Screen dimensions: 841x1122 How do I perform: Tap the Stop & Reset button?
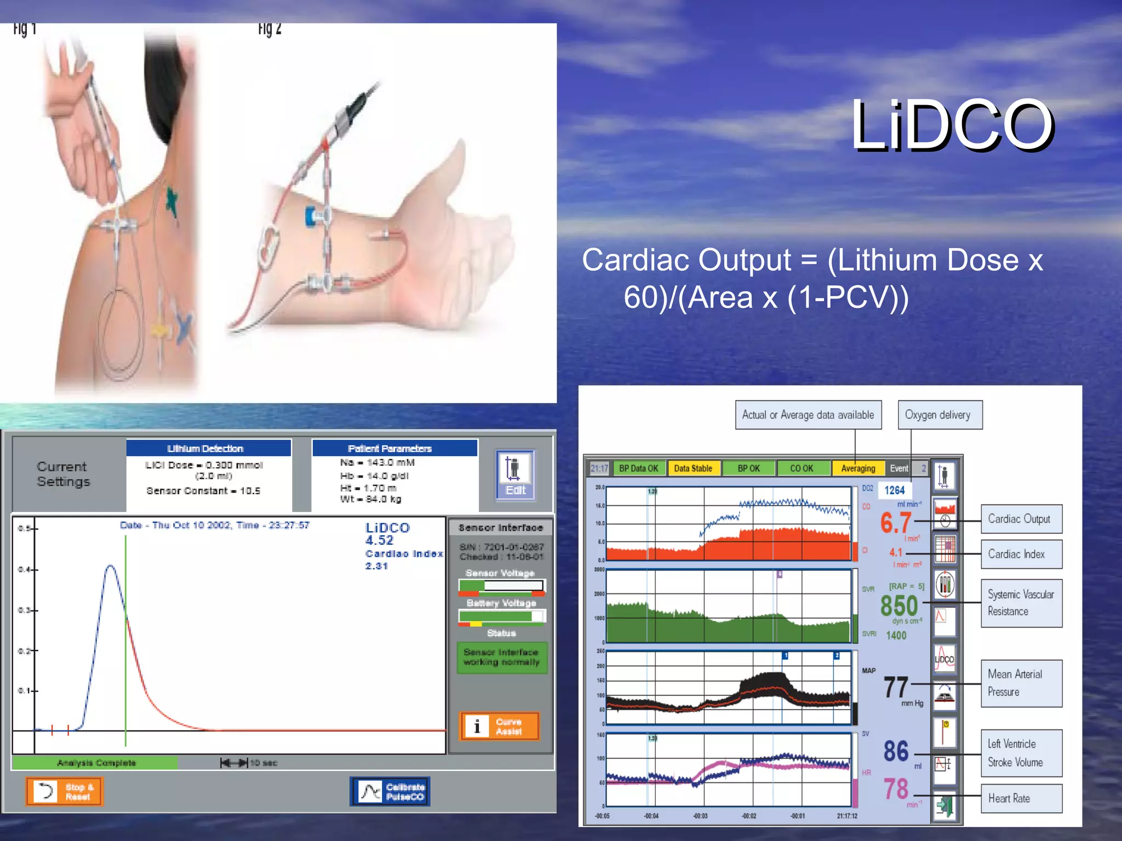pos(65,791)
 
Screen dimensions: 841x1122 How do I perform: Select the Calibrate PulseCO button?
pos(390,792)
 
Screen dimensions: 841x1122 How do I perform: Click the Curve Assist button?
pos(500,727)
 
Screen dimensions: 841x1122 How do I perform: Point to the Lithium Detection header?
pos(208,448)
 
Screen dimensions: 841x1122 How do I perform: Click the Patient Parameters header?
pos(394,448)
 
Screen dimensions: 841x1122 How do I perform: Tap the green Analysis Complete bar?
pos(95,763)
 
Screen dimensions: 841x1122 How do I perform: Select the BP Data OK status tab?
pos(638,469)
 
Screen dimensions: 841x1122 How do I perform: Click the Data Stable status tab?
pos(693,469)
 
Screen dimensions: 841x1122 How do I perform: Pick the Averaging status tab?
pos(858,469)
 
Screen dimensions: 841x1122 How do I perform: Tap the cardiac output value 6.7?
pos(896,523)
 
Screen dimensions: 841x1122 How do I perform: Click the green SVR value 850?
pos(899,606)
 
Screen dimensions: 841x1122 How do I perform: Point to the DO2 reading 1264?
pos(895,491)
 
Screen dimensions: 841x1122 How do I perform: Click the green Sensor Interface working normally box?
pos(501,657)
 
